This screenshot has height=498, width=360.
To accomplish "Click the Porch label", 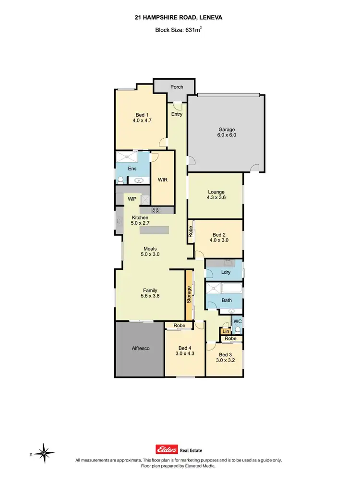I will [x=177, y=87].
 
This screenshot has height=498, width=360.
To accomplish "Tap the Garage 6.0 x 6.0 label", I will [x=227, y=133].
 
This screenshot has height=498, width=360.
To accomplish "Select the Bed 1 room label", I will [x=142, y=118].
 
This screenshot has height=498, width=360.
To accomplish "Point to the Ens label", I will [x=132, y=169].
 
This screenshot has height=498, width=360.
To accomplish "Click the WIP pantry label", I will [x=132, y=198].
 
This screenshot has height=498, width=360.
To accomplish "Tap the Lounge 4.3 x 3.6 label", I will [x=216, y=195].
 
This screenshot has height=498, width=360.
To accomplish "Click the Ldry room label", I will [x=226, y=272].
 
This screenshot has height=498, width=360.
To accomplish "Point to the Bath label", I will [x=227, y=301].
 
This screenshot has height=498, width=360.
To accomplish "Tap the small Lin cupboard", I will [x=225, y=331].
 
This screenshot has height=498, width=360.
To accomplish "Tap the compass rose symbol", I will [x=44, y=452].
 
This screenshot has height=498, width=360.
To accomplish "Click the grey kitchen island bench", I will [x=155, y=230].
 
